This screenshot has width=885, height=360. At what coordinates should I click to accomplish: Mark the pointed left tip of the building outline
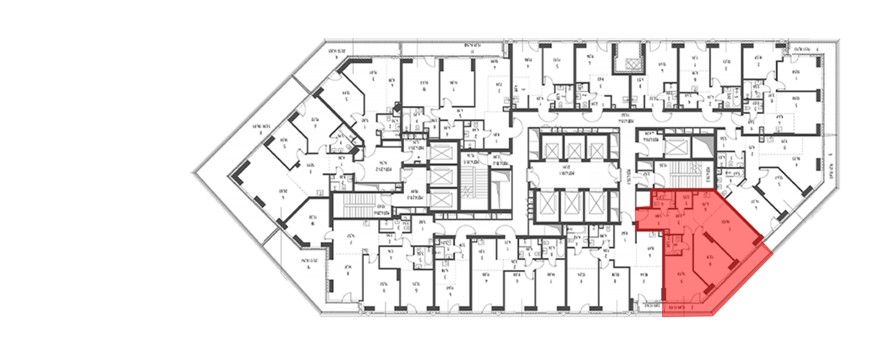pyautogui.click(x=191, y=172)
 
